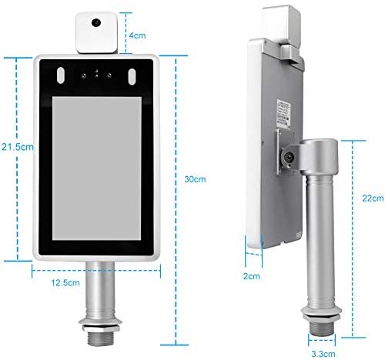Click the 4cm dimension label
tap(139, 35)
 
